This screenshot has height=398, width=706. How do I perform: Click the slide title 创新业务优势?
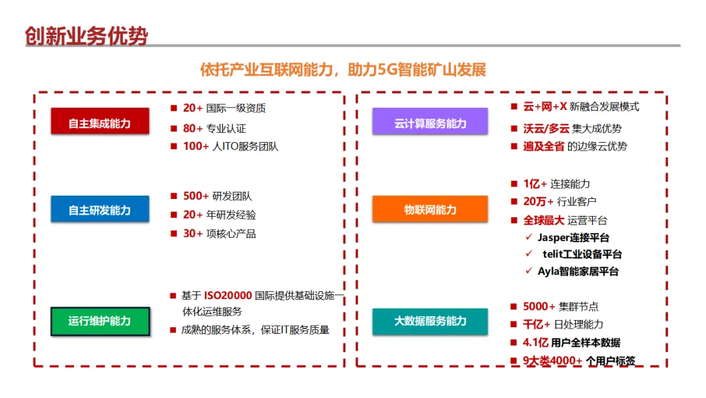click(x=86, y=35)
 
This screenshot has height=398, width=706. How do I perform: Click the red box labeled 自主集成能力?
click(x=100, y=123)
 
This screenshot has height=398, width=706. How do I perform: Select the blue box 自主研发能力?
click(x=100, y=210)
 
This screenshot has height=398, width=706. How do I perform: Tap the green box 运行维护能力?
click(x=100, y=321)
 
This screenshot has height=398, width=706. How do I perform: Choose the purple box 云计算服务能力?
click(x=430, y=123)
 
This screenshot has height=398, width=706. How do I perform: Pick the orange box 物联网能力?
click(x=430, y=210)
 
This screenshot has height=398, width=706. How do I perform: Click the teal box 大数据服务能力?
click(x=430, y=321)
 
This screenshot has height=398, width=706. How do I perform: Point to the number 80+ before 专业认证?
click(x=193, y=128)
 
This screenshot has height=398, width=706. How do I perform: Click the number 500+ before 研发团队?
click(x=196, y=196)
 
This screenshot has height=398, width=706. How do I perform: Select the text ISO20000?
click(x=227, y=296)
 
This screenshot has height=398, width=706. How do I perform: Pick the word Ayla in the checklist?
click(x=549, y=271)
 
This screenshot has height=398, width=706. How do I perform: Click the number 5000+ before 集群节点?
click(x=539, y=306)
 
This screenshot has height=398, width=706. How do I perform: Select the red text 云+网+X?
click(x=545, y=107)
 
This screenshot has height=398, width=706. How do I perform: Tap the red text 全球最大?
click(x=543, y=220)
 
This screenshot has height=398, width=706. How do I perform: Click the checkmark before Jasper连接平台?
click(x=529, y=237)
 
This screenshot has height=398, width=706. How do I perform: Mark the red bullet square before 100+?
click(x=174, y=146)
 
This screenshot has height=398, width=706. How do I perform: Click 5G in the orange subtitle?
click(x=386, y=69)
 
